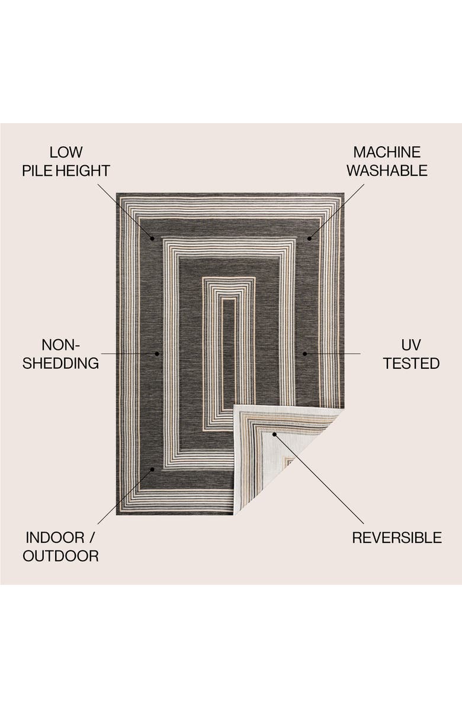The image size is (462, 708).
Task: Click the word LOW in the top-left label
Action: pos(66,152)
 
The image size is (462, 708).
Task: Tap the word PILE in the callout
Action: pos(37,171)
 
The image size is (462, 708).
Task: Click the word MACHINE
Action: pos(387,152)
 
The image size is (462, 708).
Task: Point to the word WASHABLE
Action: pos(387,171)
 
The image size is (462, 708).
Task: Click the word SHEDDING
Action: pos(60,363)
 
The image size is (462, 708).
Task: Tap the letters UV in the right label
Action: pos(411,345)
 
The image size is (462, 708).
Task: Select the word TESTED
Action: pos(411,363)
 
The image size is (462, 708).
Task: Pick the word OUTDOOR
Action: pos(60,556)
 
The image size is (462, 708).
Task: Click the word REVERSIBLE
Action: pos(397,538)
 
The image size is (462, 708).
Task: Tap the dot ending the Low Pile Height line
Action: pos(152,239)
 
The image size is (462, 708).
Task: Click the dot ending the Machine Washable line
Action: pos(309,239)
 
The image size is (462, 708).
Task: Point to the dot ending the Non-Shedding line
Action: pos(157,353)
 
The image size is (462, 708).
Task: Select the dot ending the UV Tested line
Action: pos(304,353)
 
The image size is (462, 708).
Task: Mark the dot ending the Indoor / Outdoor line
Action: pos(152,469)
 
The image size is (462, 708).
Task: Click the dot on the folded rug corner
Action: pos(274,434)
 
